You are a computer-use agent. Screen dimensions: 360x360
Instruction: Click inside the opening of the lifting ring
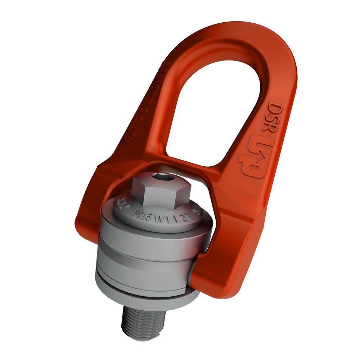pyautogui.click(x=216, y=108)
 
